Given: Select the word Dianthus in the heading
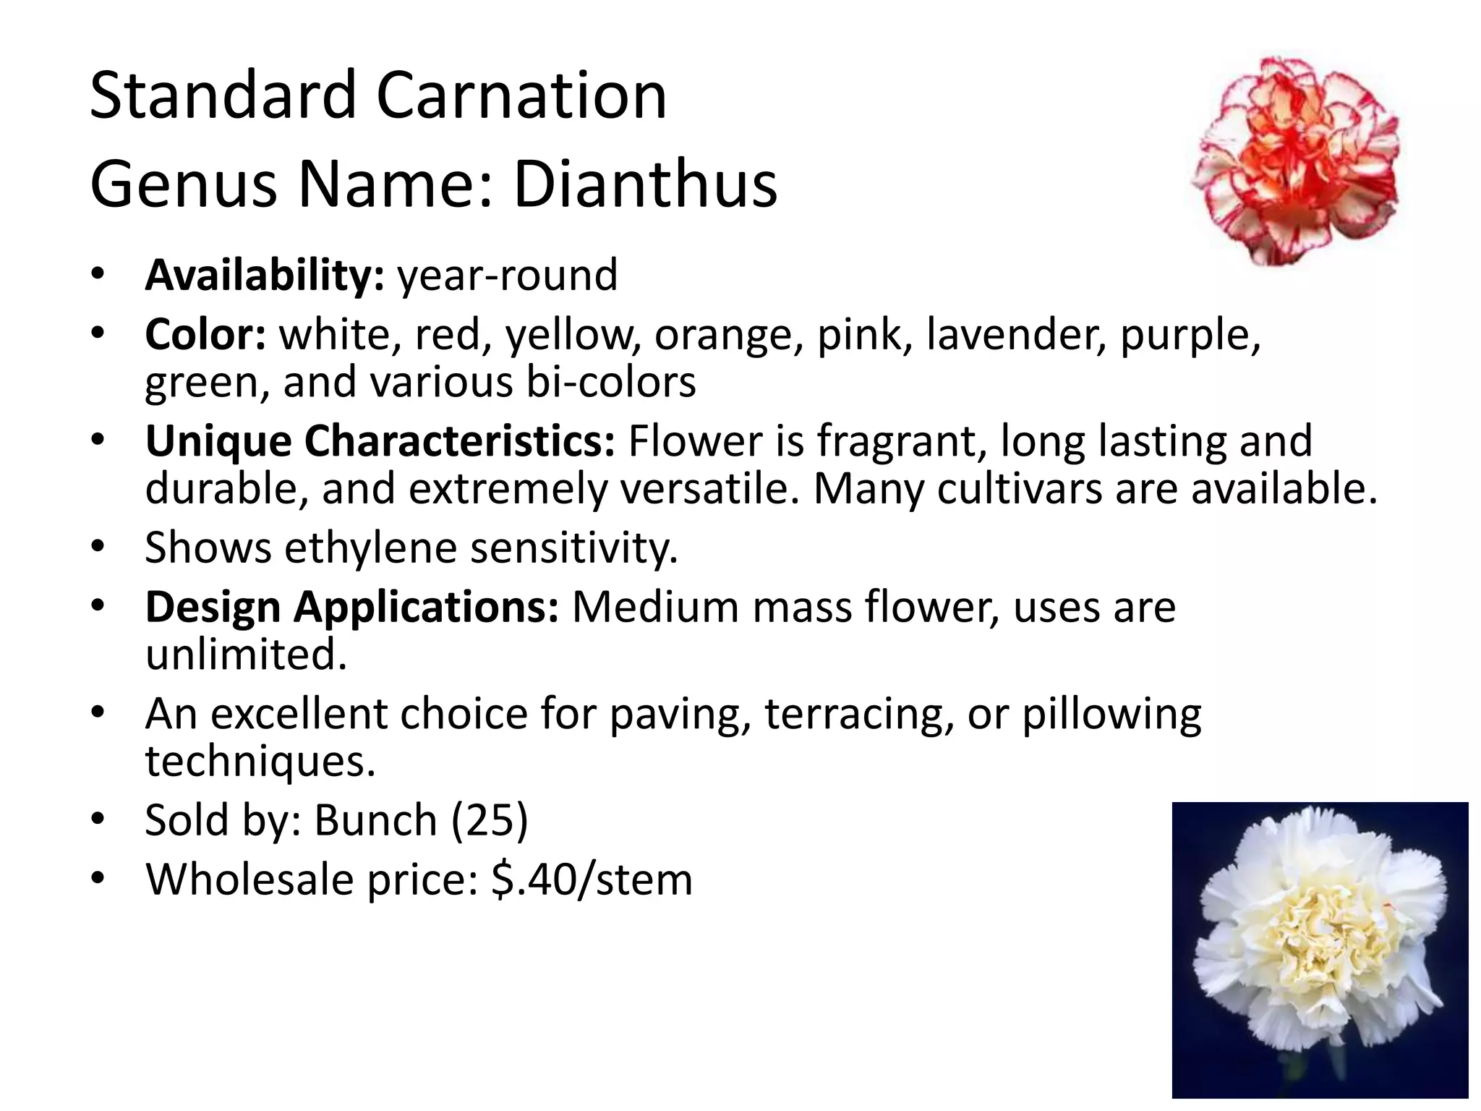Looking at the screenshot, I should [645, 184].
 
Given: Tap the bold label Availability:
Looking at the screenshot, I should [265, 275].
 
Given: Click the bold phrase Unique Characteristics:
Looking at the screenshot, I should [380, 441].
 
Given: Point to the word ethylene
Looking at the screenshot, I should [371, 548].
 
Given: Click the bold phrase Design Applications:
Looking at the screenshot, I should [352, 607].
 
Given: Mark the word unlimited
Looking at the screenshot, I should [246, 655].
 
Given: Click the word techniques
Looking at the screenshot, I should [260, 761].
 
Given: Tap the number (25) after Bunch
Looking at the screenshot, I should [490, 820].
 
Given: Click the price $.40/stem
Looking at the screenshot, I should [592, 880].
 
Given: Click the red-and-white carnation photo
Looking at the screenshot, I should [1297, 161].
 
